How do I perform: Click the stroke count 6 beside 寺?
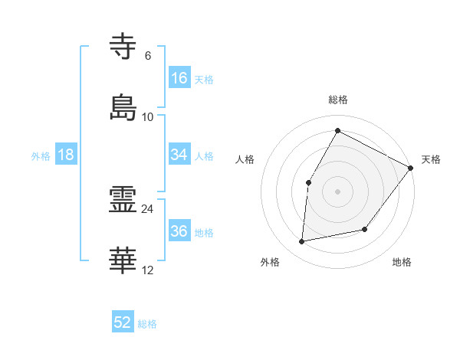148,55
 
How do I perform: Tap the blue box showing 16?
179,78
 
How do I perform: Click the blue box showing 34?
179,155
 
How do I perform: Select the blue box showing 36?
179,232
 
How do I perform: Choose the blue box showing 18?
66,155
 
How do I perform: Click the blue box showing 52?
123,323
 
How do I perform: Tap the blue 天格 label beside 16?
204,79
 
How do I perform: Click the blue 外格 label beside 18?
41,155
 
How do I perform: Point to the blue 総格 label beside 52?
147,324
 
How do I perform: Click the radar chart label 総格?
338,100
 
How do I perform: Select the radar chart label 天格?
431,159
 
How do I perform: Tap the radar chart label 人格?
245,159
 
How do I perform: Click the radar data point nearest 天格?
410,168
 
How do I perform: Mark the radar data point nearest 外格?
303,242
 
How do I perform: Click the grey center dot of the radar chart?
337,191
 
